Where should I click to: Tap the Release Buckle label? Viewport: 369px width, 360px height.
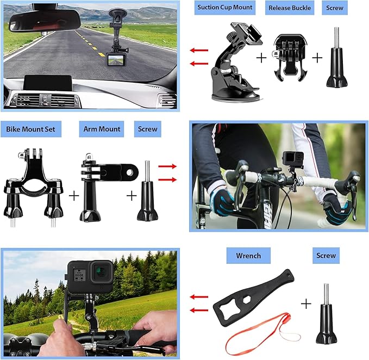[x=290, y=8]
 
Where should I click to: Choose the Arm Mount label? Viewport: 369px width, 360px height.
[x=102, y=129]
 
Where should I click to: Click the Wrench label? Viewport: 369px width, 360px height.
[x=248, y=255]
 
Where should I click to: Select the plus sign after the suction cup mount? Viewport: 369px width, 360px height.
[x=261, y=58]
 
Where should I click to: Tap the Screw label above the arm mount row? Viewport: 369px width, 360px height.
[x=148, y=129]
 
